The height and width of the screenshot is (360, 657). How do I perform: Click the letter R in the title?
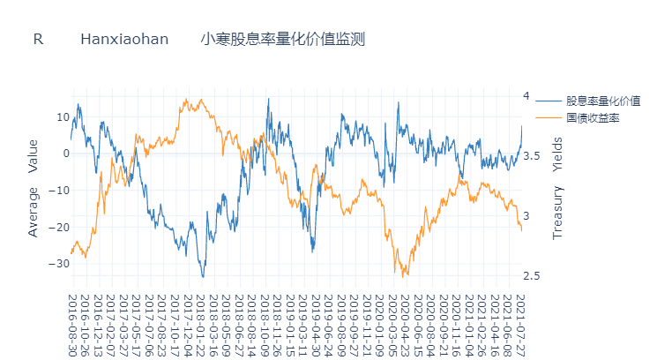point(38,40)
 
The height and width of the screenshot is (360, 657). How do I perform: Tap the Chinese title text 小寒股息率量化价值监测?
point(282,40)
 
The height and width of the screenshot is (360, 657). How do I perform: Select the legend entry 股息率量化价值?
point(603,101)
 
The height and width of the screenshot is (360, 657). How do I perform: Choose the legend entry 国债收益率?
point(593,117)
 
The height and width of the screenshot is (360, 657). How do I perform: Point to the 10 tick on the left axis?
point(63,116)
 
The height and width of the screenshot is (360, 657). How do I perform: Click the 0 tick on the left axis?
point(65,154)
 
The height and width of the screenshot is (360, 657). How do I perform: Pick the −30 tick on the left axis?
point(60,264)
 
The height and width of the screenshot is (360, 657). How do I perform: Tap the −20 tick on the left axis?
point(60,227)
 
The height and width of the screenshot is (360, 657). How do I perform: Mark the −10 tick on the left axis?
point(60,191)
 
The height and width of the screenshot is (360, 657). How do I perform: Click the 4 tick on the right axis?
point(526,96)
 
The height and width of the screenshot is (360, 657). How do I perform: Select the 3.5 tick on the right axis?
point(531,156)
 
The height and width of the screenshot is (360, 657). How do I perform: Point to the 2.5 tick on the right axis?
point(531,276)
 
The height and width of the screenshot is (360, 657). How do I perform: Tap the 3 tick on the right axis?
point(526,216)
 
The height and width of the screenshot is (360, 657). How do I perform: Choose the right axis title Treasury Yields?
point(556,188)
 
